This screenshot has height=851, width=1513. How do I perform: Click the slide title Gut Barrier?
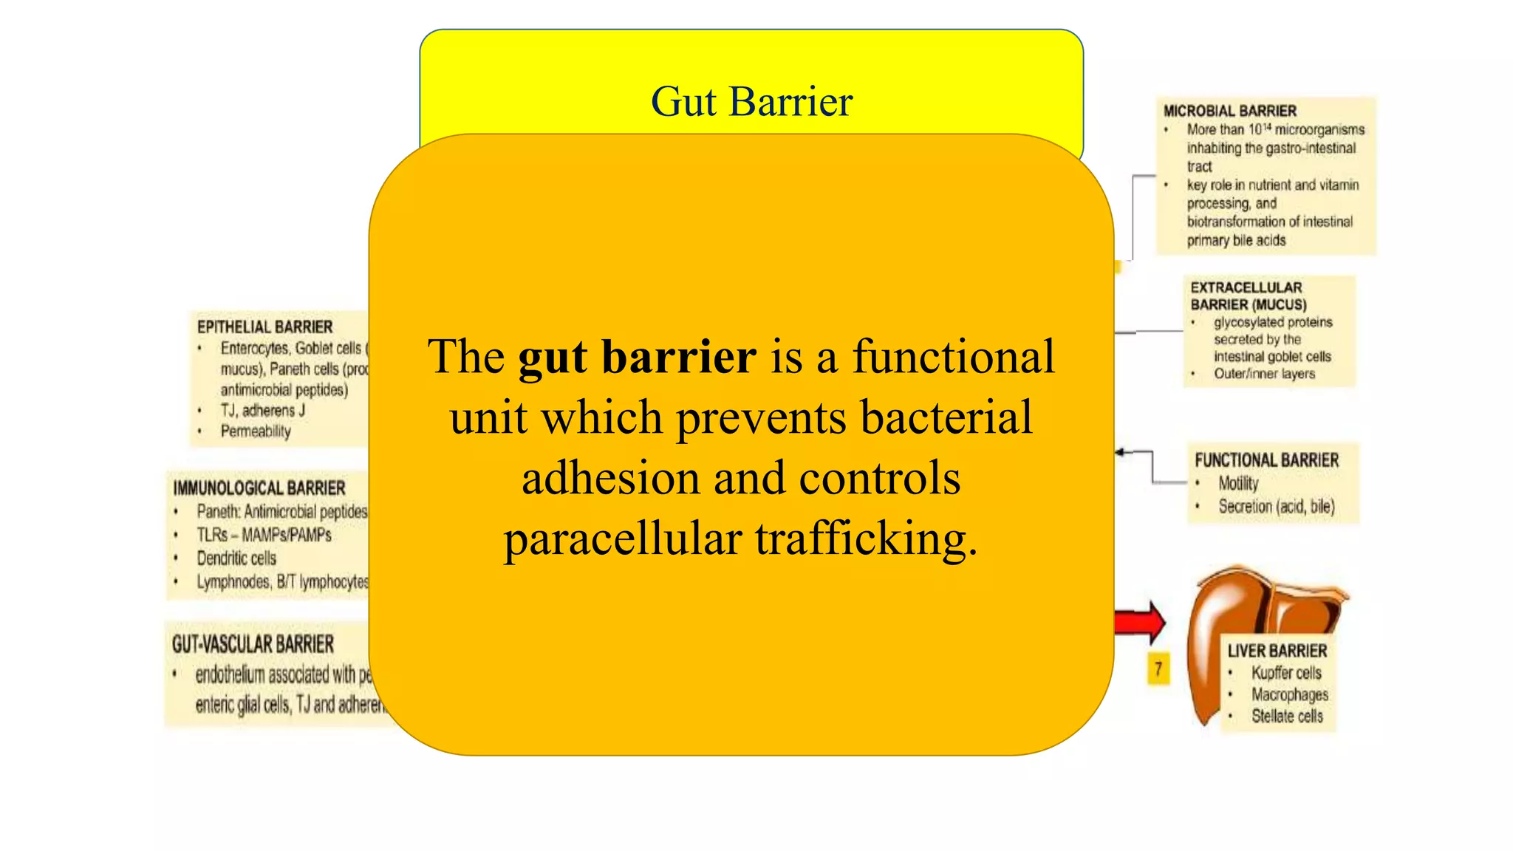[751, 101]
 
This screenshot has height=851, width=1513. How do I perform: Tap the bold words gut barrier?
[637, 357]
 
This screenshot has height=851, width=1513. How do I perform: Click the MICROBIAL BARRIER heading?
[1229, 111]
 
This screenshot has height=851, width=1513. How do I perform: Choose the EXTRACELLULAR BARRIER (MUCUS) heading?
[1248, 295]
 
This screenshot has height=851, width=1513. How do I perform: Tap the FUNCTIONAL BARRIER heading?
[1266, 460]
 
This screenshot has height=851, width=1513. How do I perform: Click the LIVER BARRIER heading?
[1277, 651]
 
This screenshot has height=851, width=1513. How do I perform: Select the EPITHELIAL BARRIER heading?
[264, 327]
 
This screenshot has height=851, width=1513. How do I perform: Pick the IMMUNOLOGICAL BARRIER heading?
[259, 488]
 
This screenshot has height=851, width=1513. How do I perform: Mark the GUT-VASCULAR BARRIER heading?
[253, 644]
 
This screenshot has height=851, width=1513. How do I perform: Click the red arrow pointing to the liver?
[1140, 621]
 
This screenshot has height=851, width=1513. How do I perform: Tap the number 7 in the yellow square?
[1158, 669]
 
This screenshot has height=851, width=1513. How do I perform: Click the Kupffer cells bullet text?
[1286, 673]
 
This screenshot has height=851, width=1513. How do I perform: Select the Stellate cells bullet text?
[1287, 716]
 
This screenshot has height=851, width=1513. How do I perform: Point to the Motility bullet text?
[1238, 483]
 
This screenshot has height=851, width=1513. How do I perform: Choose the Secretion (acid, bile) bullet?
[1276, 507]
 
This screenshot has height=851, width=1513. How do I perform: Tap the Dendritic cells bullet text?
[236, 558]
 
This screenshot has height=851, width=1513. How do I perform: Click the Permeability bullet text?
[256, 431]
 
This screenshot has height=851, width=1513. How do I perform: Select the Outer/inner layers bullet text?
[1264, 374]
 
